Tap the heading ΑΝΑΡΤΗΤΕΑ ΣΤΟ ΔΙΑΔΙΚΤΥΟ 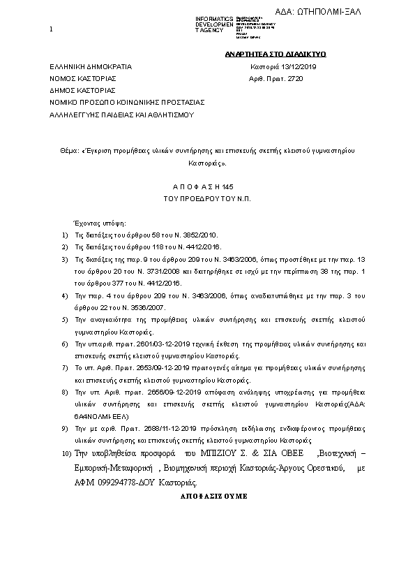point(276,54)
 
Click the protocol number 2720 point(296,78)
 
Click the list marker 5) point(64,320)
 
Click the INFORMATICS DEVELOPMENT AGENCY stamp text point(214,24)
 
